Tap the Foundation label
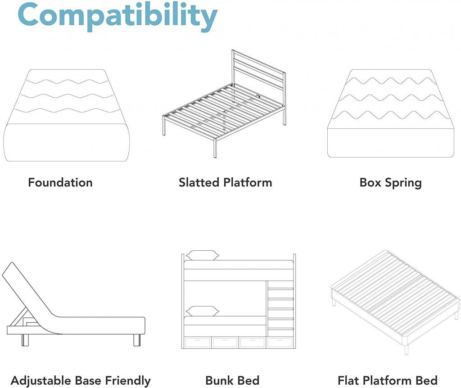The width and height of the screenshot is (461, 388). [60, 183]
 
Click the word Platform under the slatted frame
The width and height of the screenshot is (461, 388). [248, 183]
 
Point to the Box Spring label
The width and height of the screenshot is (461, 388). [391, 183]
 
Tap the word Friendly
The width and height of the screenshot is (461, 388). [128, 381]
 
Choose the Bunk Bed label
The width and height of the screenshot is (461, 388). [232, 381]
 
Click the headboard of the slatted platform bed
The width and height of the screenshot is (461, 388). [259, 73]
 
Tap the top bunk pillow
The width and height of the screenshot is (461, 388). [203, 255]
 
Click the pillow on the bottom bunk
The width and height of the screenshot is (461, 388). [203, 311]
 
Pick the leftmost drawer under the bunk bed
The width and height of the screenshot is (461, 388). [197, 343]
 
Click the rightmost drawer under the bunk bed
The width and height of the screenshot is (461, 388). [279, 343]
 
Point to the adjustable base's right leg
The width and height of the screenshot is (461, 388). [137, 340]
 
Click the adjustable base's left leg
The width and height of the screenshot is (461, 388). [26, 340]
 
